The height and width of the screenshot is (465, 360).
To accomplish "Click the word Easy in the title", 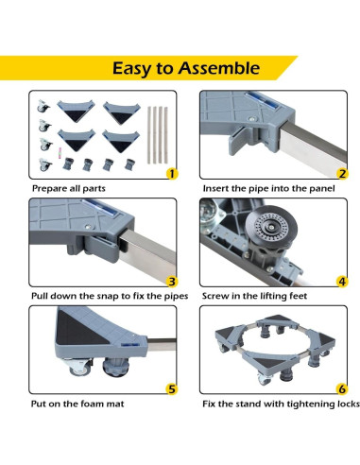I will pos(135,68).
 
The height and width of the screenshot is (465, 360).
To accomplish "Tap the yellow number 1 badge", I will pos(170,173).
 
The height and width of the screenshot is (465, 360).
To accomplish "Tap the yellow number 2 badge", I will pos(342,173).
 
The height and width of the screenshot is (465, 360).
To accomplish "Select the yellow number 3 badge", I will pos(170,280).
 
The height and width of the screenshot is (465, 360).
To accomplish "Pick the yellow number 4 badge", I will pos(342,280).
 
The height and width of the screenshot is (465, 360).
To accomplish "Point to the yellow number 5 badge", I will pos(170,387).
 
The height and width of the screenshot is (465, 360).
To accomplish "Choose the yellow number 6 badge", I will pos(342,387).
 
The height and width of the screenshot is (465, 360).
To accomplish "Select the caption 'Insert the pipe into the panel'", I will pos(266,189).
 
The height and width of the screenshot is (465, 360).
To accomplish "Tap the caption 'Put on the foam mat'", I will pos(76,404).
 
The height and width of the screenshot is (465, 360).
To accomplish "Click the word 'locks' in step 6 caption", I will pos(343,404).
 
